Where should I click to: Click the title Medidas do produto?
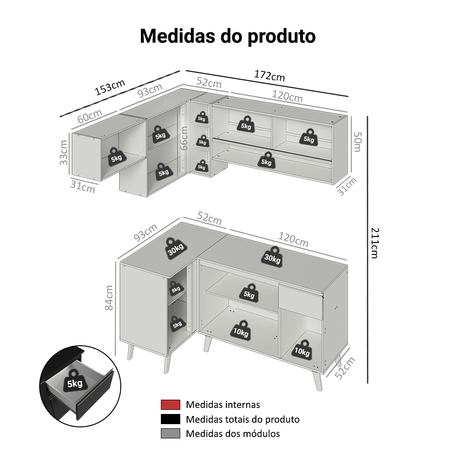click(228, 36)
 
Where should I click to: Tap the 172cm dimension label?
click(269, 76)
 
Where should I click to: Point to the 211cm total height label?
click(374, 242)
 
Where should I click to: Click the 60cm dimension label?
click(89, 117)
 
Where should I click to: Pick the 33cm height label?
click(64, 152)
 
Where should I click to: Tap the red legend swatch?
click(171, 405)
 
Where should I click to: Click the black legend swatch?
click(171, 419)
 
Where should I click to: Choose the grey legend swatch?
click(171, 433)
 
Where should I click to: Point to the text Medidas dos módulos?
click(233, 433)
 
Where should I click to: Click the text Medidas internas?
click(223, 405)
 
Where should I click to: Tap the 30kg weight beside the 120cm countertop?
click(272, 257)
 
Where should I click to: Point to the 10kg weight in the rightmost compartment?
click(302, 349)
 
